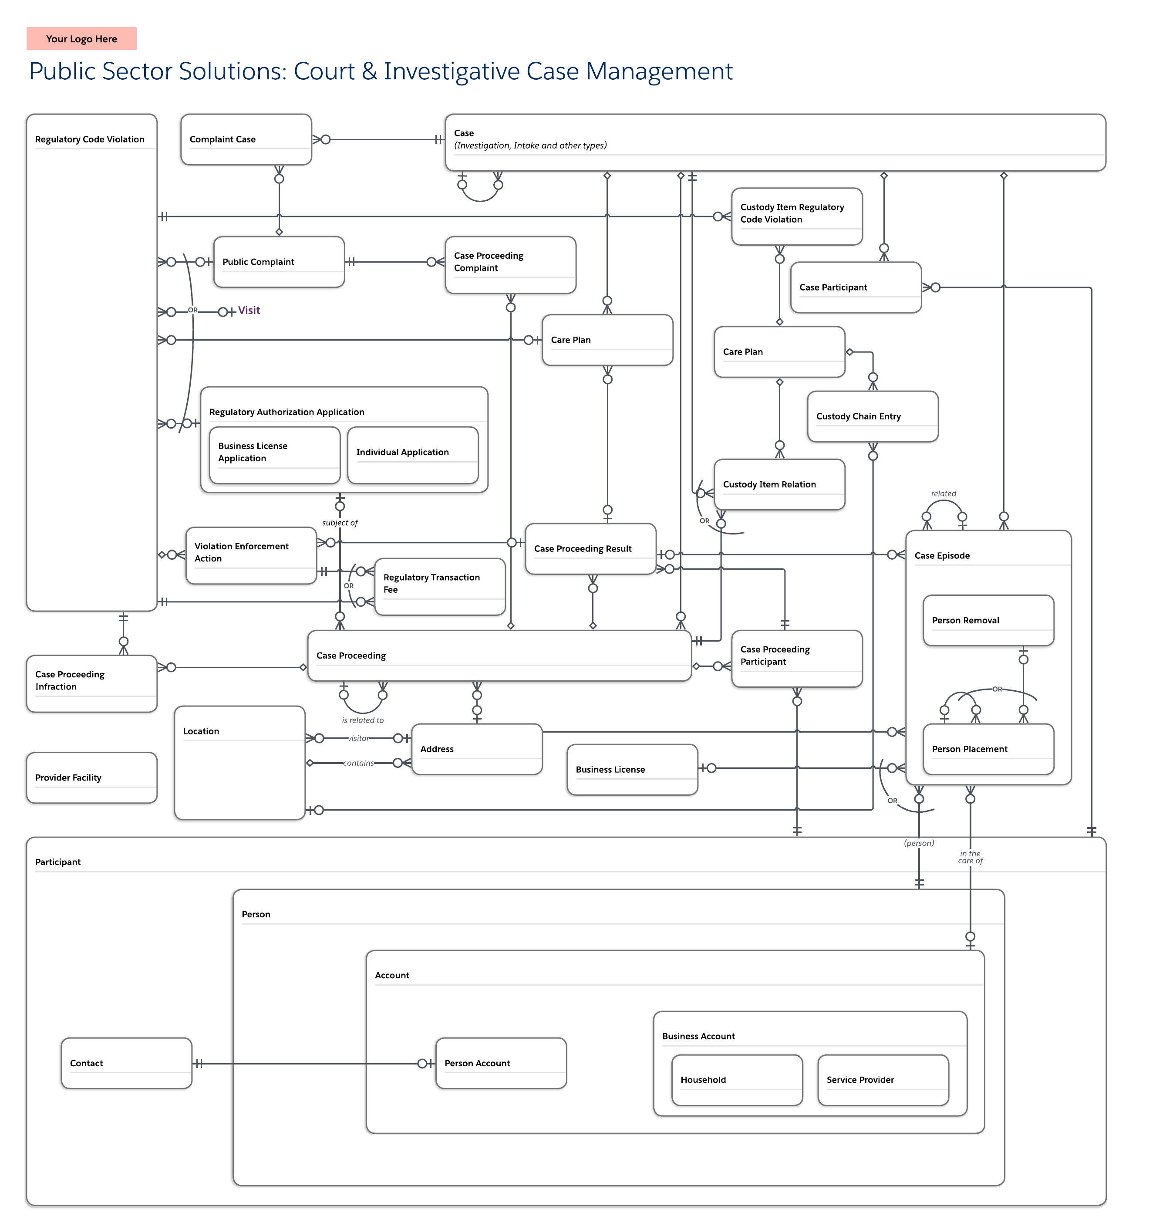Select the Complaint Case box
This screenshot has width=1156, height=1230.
[x=246, y=139]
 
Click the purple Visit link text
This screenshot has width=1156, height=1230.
[x=249, y=311]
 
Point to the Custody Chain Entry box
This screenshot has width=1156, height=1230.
[x=872, y=416]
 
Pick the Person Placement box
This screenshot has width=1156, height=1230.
[x=988, y=749]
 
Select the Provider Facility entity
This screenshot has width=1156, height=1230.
[x=91, y=778]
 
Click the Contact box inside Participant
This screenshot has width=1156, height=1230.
[x=126, y=1063]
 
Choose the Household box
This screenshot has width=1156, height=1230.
[x=737, y=1080]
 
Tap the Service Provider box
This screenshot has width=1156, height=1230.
[x=883, y=1080]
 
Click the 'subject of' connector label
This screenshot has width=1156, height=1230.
[x=340, y=523]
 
